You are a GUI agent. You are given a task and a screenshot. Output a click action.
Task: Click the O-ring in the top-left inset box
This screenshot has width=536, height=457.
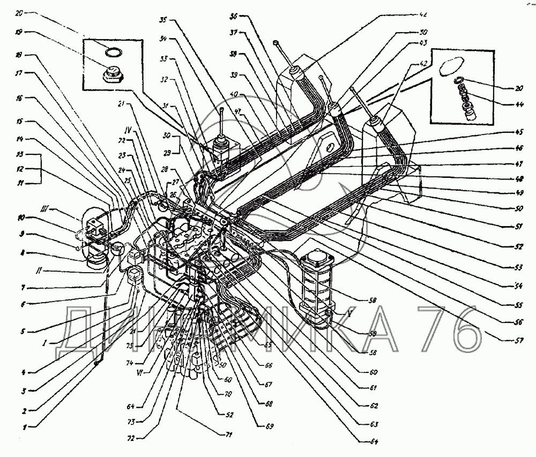tap(113, 51)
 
